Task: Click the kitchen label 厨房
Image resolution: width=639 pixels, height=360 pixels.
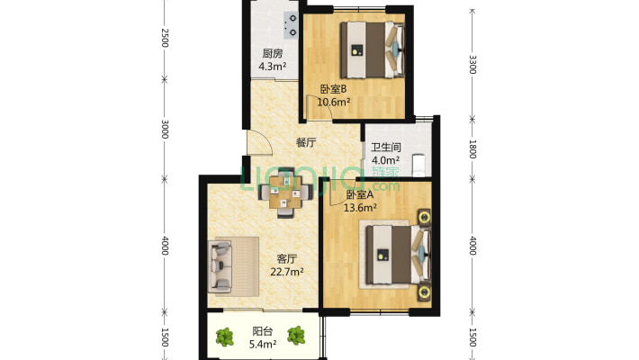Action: click(x=272, y=53)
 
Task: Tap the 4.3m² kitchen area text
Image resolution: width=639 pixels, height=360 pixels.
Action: click(x=272, y=66)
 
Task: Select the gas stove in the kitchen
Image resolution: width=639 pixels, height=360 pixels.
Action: click(x=291, y=25)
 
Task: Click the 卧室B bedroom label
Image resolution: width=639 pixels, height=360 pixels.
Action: click(x=333, y=89)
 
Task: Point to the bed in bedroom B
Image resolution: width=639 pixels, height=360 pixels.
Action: click(x=373, y=49)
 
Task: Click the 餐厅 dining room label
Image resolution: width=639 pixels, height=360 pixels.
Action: click(x=306, y=143)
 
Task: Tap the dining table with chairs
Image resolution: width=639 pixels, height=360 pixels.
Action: click(x=286, y=192)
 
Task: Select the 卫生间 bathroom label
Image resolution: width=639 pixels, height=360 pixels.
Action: click(x=385, y=148)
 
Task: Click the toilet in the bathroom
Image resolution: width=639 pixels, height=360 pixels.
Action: click(x=418, y=165)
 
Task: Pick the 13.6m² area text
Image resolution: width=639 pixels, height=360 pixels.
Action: click(x=360, y=208)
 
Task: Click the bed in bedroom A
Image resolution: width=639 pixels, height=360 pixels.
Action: click(x=398, y=255)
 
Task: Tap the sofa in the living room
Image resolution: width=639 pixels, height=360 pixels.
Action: click(x=220, y=266)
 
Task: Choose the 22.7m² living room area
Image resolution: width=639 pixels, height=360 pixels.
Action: click(x=287, y=272)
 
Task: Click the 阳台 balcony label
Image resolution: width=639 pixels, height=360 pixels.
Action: click(x=263, y=331)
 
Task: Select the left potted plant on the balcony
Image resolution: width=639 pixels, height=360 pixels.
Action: click(x=224, y=337)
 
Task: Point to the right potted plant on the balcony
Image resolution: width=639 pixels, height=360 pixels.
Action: click(x=296, y=336)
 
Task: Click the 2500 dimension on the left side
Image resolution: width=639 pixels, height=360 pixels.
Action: click(x=165, y=38)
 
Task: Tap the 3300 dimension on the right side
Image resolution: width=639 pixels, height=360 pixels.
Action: click(x=472, y=65)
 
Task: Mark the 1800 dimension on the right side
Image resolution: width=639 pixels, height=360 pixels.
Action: click(x=472, y=149)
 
